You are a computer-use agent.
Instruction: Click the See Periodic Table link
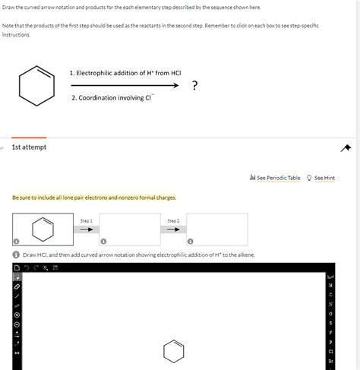pyautogui.click(x=277, y=178)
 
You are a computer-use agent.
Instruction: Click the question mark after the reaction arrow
pyautogui.click(x=195, y=85)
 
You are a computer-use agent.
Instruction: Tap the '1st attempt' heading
pyautogui.click(x=29, y=147)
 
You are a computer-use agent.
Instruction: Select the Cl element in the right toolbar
pyautogui.click(x=330, y=352)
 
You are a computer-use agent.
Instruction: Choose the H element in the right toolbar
pyautogui.click(x=330, y=284)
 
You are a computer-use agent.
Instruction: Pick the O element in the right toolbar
pyautogui.click(x=330, y=312)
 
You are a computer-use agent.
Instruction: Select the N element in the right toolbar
pyautogui.click(x=330, y=303)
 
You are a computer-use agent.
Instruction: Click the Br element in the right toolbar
pyautogui.click(x=330, y=362)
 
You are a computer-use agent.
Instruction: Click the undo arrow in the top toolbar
pyautogui.click(x=27, y=267)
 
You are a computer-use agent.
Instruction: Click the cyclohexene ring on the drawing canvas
pyautogui.click(x=173, y=351)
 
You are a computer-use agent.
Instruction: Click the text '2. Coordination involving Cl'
pyautogui.click(x=104, y=98)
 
